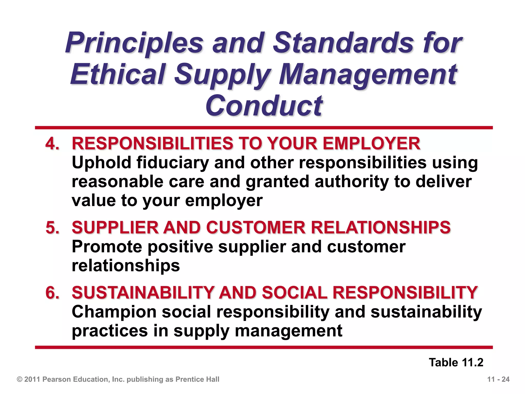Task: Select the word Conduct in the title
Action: [264, 105]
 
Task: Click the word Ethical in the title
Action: [118, 74]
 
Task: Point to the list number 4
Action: [52, 143]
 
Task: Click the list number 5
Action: [52, 228]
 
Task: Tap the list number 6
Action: [52, 293]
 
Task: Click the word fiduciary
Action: [173, 163]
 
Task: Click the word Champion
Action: [114, 312]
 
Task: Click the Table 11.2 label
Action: [456, 362]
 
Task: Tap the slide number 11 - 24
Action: [498, 379]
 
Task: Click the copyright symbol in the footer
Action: [19, 379]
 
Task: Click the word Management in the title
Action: [368, 74]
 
